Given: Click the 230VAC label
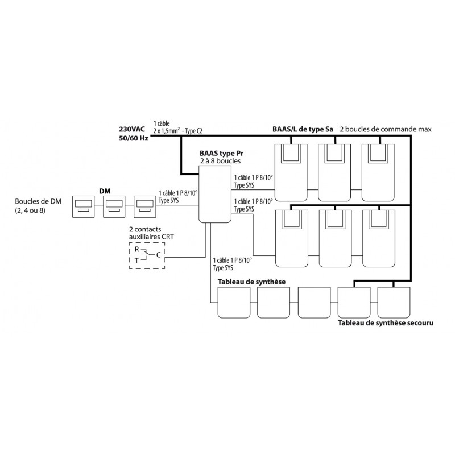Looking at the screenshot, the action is point(132,129).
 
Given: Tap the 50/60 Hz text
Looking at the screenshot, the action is point(134,138).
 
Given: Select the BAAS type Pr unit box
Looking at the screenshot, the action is point(215,194).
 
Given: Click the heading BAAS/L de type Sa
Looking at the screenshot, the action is point(303,129).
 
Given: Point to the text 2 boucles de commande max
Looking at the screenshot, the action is point(386,129).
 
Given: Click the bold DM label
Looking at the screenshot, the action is point(105,191).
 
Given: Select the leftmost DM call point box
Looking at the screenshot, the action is point(83,206).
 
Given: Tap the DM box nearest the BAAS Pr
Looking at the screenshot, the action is point(145,206).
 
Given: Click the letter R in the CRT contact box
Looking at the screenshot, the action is point(137,249).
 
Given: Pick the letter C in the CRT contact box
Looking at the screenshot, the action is point(159,255).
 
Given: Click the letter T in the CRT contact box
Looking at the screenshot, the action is point(136,260).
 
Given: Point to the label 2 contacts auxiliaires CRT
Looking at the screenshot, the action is point(151,233).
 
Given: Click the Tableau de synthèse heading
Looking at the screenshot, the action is point(251,282).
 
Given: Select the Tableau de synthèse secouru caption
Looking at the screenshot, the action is point(386,323).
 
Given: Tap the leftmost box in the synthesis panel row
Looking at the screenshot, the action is point(234,303).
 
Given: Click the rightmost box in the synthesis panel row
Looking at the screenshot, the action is point(394,303).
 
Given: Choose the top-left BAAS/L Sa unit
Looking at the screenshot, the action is point(291,173).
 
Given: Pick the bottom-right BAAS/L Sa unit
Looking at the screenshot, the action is point(379,238).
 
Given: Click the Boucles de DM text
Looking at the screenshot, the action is point(38,201).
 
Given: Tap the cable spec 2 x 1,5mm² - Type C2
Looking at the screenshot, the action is point(178,131).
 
